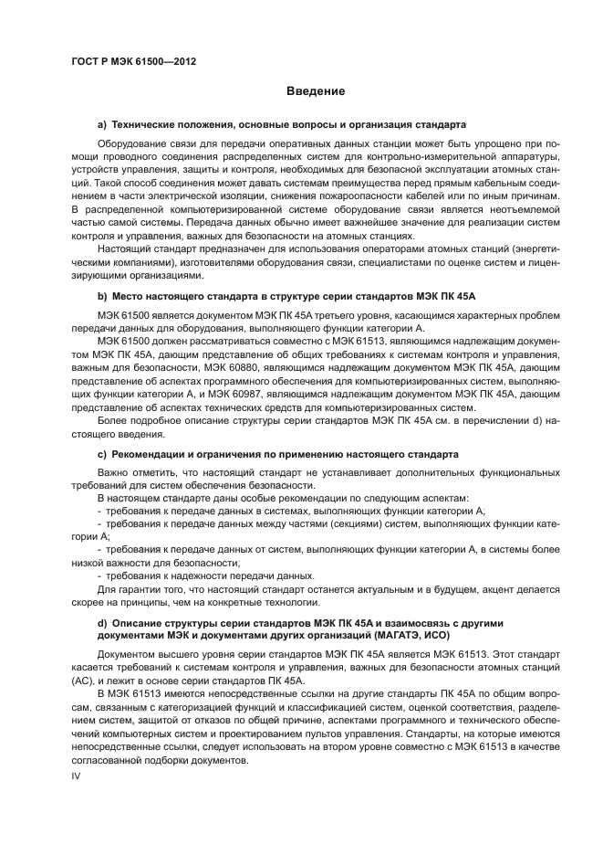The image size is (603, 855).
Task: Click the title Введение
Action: click(315, 91)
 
